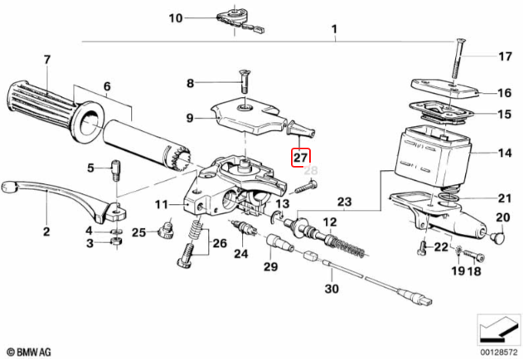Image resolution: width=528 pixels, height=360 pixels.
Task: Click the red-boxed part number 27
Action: point(300,157)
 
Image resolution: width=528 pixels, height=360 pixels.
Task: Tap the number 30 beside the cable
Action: point(332,289)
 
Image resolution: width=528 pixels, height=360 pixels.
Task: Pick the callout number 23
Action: point(344,201)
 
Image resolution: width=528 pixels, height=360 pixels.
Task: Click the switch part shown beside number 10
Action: point(240,19)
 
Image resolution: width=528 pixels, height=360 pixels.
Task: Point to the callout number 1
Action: point(335,34)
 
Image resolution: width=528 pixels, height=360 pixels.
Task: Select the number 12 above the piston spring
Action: point(329,222)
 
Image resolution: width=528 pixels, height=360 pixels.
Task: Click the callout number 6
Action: point(106,85)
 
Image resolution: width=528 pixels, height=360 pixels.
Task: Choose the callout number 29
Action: point(270,265)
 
